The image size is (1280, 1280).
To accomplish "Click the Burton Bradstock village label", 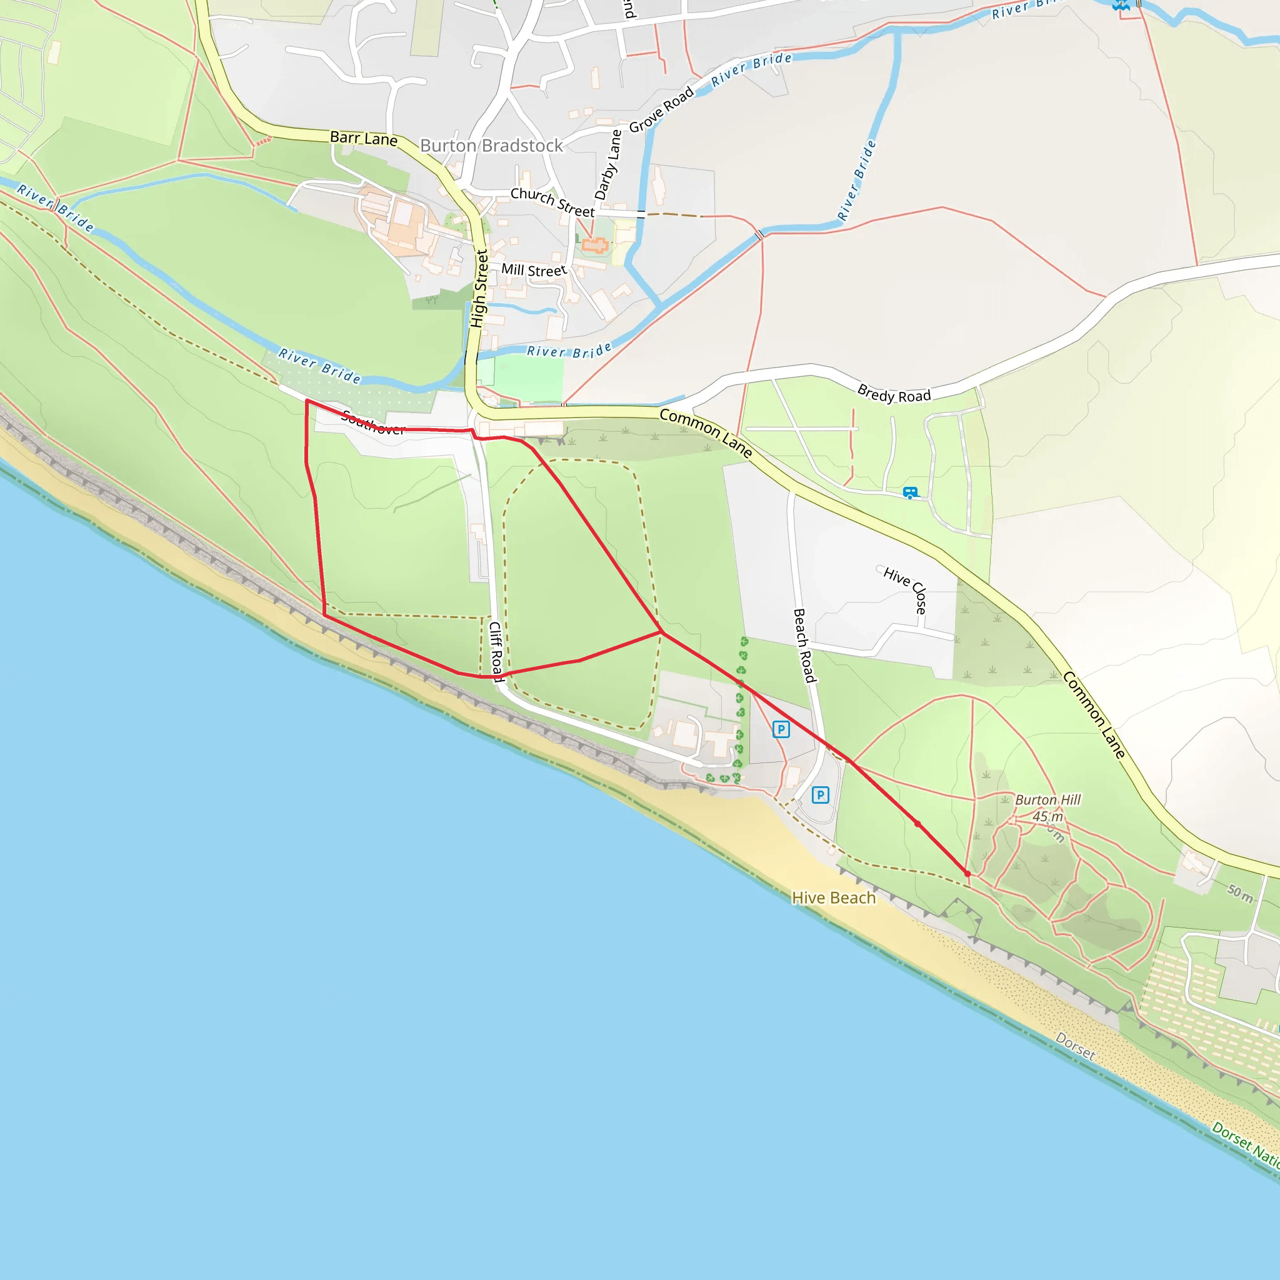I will (x=491, y=146).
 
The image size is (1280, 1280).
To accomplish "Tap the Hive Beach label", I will (x=834, y=897).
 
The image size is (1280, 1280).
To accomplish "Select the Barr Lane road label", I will (x=364, y=139).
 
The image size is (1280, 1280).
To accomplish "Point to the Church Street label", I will (x=552, y=202).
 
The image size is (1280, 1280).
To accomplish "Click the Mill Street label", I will (x=534, y=270).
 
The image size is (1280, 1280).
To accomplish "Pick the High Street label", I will (x=479, y=289).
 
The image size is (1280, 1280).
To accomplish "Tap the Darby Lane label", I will (x=608, y=165).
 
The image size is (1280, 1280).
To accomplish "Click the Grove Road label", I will (x=661, y=109).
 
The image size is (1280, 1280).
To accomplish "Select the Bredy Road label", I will (x=894, y=394).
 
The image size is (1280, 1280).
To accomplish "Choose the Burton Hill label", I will (x=1047, y=799).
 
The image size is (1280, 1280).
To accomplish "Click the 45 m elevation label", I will (x=1047, y=816).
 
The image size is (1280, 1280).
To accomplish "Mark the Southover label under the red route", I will (x=373, y=422).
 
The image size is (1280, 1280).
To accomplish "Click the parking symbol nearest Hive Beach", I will (x=820, y=795).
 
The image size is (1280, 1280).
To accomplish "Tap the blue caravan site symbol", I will (x=910, y=492).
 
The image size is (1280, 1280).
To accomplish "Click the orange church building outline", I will (x=594, y=246).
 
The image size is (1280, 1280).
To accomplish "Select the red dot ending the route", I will (x=967, y=874).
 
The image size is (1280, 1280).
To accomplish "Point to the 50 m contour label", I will (x=1240, y=894).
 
